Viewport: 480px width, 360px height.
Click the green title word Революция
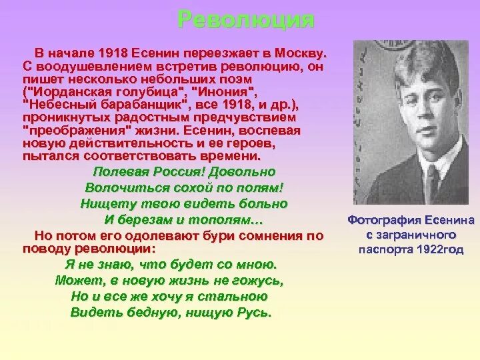245,20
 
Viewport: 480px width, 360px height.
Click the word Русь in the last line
255,313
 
